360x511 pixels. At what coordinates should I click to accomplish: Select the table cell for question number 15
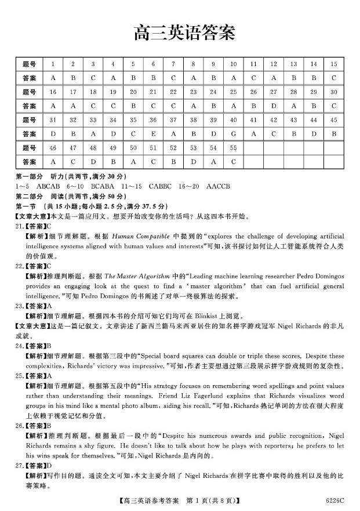click(334, 64)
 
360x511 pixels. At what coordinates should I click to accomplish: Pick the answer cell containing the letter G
click(234, 134)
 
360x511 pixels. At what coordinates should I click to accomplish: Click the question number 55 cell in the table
click(234, 148)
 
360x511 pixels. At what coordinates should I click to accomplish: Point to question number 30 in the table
click(334, 92)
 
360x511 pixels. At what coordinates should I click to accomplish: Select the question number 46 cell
click(53, 148)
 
